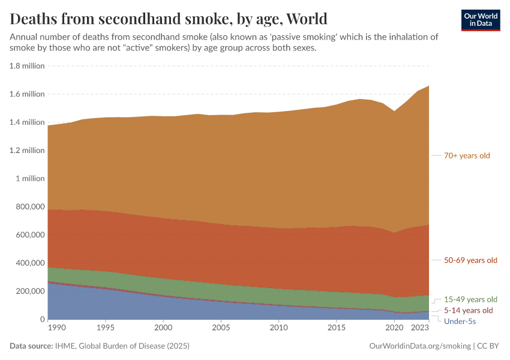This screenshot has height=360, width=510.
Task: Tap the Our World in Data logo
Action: click(x=481, y=20)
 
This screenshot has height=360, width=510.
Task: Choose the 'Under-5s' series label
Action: click(x=460, y=321)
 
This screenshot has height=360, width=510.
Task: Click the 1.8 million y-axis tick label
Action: click(x=27, y=66)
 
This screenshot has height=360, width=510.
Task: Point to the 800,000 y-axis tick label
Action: click(x=29, y=207)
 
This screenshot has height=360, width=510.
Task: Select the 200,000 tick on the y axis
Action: click(x=29, y=291)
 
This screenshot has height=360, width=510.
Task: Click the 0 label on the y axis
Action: click(x=41, y=319)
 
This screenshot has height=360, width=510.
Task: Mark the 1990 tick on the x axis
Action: click(x=56, y=328)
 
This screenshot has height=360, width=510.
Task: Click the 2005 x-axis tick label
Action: click(x=221, y=328)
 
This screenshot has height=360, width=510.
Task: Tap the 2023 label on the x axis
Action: click(x=421, y=328)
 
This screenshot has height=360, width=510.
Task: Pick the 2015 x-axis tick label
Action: click(x=337, y=328)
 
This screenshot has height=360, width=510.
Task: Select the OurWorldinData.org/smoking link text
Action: click(x=419, y=346)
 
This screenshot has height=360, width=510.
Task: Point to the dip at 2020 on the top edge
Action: click(x=395, y=111)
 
